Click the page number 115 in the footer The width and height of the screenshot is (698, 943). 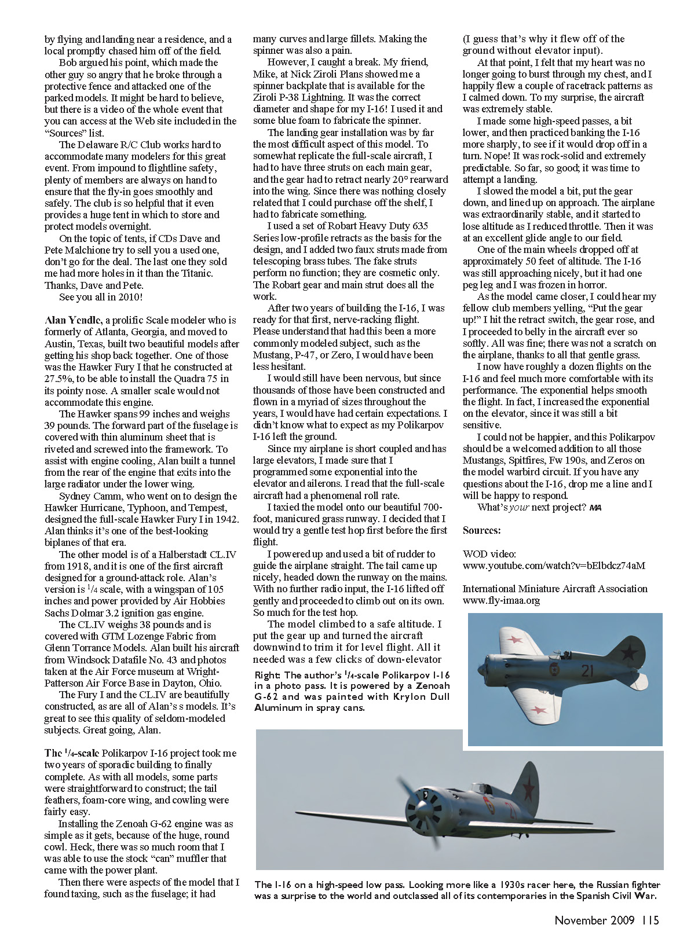[x=651, y=920]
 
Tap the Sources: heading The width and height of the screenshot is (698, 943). [x=481, y=530]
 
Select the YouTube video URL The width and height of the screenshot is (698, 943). [x=553, y=566]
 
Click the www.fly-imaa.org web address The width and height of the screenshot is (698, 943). [x=501, y=600]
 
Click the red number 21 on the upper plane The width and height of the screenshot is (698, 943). [x=587, y=671]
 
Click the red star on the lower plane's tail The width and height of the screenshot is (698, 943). [x=528, y=788]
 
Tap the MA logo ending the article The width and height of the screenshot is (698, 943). [x=595, y=508]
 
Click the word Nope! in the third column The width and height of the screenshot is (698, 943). [x=499, y=156]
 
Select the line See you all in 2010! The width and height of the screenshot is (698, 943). [x=101, y=297]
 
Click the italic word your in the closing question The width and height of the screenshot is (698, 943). [x=519, y=507]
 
